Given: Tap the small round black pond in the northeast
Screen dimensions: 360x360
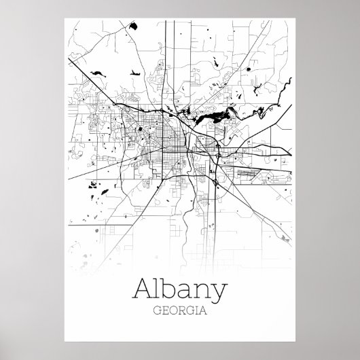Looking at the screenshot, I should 249,69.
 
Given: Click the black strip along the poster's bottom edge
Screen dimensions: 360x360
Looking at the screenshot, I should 179,350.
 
